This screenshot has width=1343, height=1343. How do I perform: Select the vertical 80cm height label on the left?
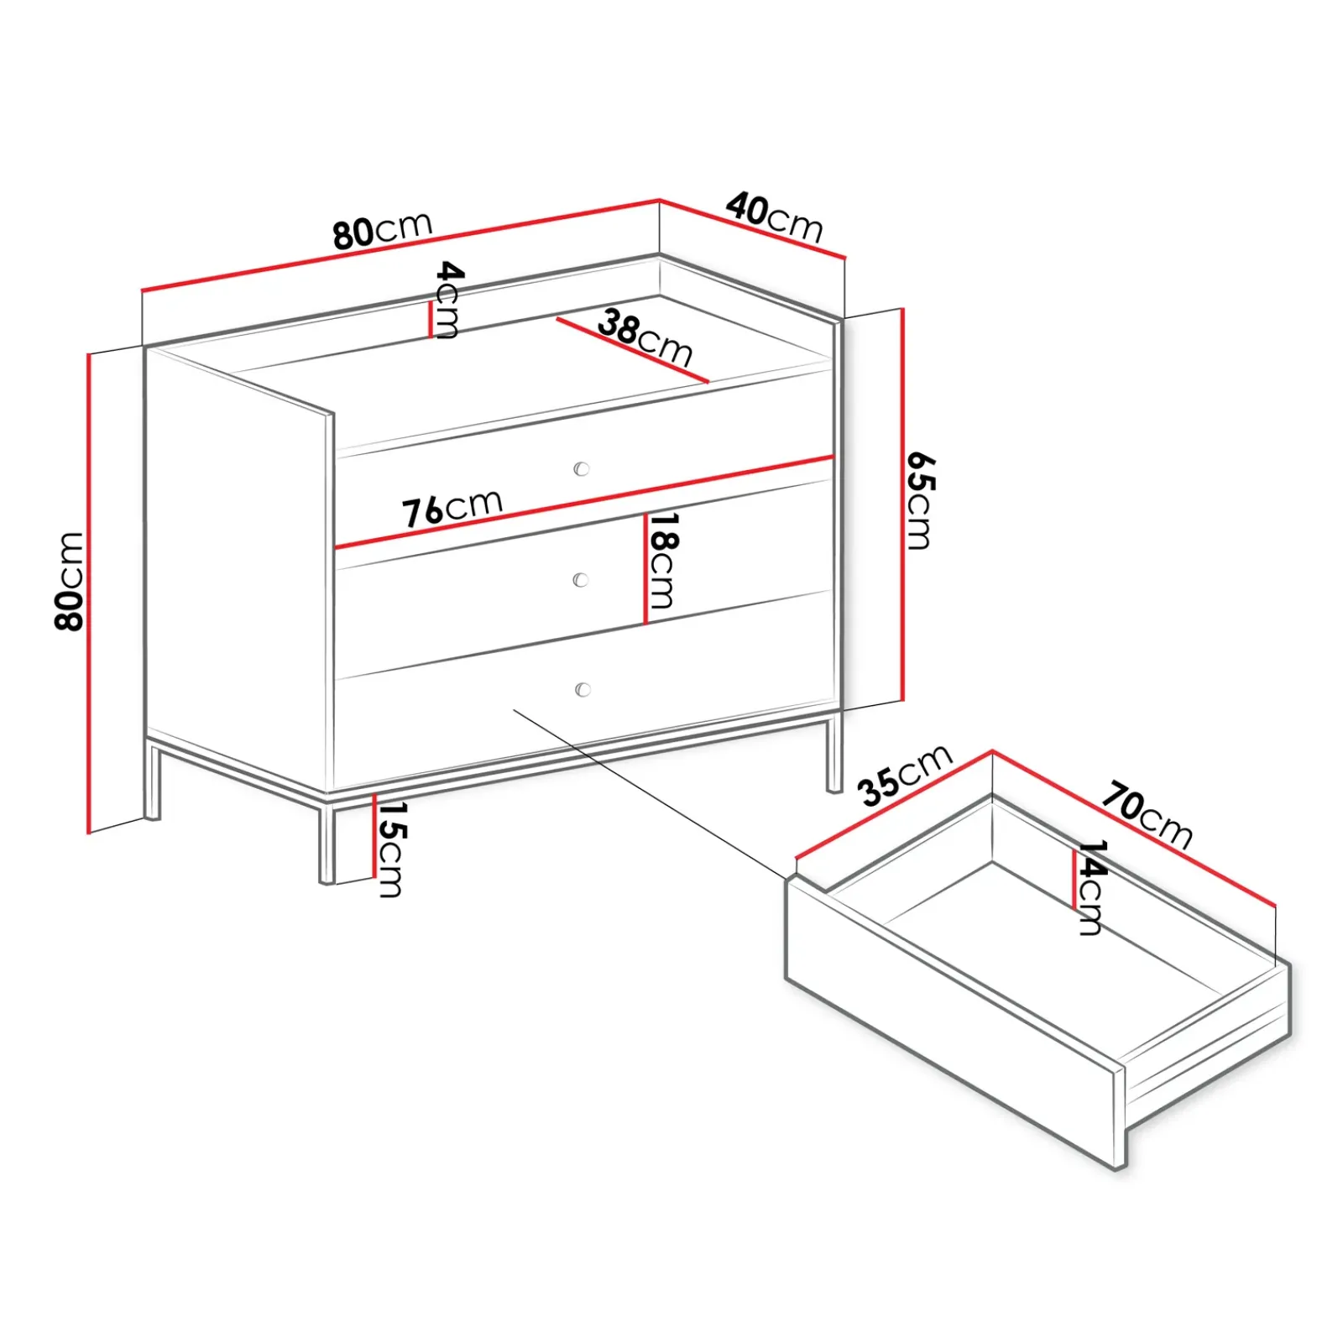pyautogui.click(x=69, y=580)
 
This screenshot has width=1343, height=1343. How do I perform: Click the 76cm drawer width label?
pyautogui.click(x=452, y=508)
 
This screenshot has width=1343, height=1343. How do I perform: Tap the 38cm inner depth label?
pyautogui.click(x=645, y=337)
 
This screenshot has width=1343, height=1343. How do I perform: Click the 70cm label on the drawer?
pyautogui.click(x=1147, y=814)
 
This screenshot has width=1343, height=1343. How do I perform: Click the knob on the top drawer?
pyautogui.click(x=582, y=468)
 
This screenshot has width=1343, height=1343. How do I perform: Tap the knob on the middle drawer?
pyautogui.click(x=580, y=579)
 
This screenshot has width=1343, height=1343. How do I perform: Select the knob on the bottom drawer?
pyautogui.click(x=583, y=689)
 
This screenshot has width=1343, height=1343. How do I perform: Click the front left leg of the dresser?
pyautogui.click(x=327, y=844)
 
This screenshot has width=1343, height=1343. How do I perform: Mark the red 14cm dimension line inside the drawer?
pyautogui.click(x=1074, y=879)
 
